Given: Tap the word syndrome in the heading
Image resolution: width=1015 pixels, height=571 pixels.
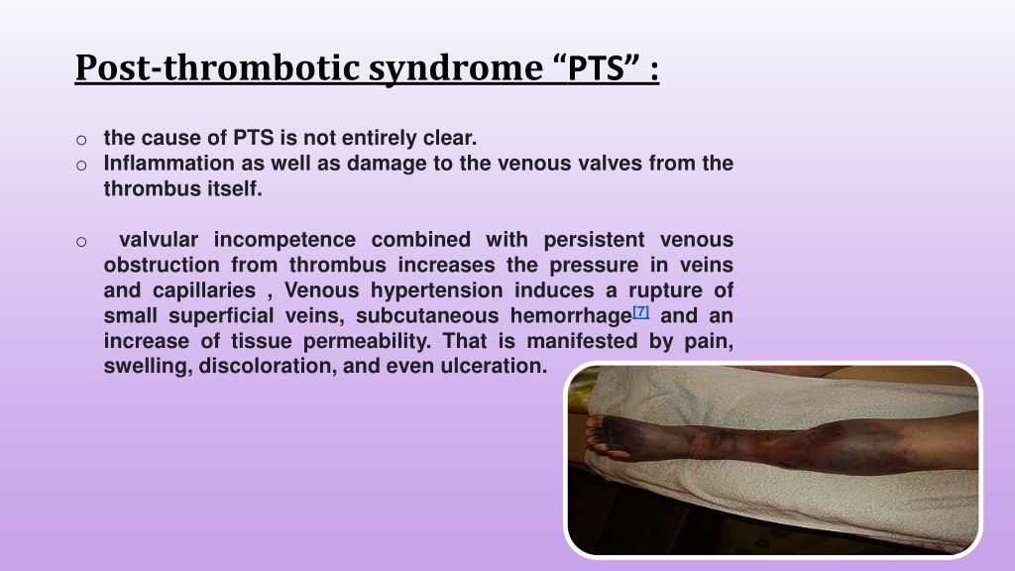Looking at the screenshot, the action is [x=456, y=68].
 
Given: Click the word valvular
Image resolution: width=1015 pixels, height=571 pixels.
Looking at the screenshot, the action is [x=159, y=240].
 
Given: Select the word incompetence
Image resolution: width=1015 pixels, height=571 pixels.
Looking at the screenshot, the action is [x=284, y=240].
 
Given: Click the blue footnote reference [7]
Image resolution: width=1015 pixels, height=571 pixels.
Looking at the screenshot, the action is [x=641, y=312].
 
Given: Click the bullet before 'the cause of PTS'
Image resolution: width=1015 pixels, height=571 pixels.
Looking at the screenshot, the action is [x=81, y=140].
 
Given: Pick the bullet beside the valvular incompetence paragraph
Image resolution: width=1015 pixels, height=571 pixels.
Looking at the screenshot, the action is [x=81, y=242].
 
